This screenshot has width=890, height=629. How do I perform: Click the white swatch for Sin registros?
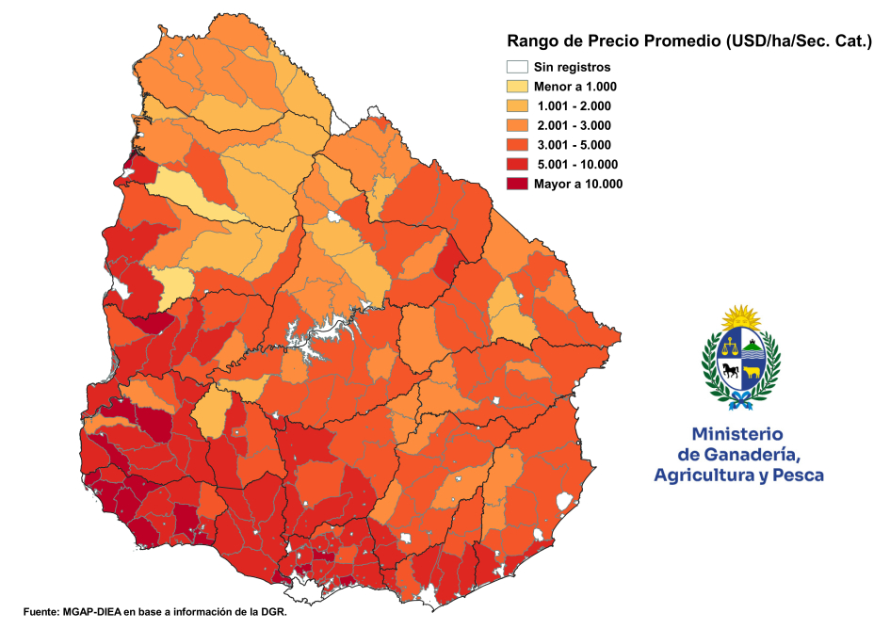point(516,67)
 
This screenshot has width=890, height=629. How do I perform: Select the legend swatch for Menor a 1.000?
point(516,87)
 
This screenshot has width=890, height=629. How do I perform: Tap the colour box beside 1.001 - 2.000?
point(516,106)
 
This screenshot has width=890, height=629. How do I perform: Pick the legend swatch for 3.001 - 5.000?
point(516,145)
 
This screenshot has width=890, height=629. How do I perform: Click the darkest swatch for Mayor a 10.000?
point(516,185)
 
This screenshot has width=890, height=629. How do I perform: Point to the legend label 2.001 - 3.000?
point(573,126)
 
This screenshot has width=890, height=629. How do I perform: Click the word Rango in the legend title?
point(530,41)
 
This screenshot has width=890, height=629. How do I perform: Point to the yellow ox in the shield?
point(752,372)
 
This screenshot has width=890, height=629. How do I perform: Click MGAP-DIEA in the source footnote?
point(97,610)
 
